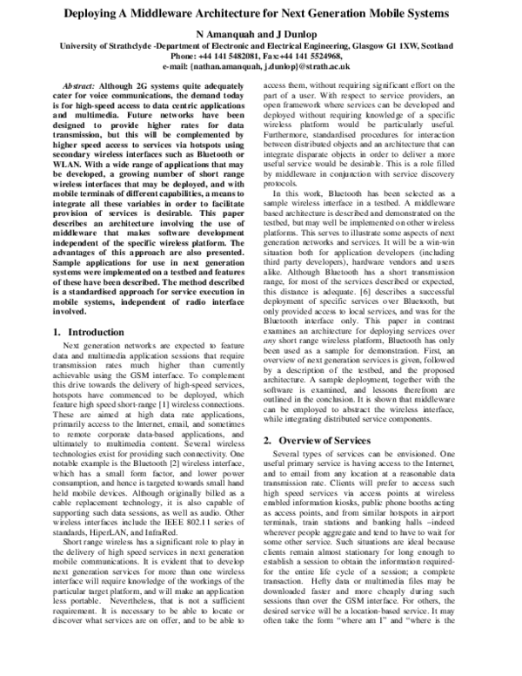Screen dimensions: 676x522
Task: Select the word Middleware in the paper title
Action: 192,14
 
